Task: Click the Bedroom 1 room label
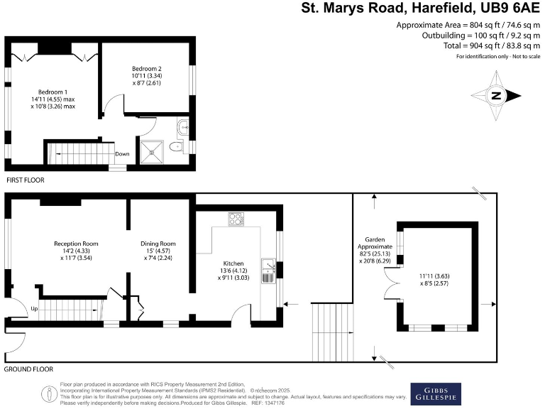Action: [53, 92]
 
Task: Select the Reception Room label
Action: [76, 244]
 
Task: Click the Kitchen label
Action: [233, 262]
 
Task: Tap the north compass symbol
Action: [497, 96]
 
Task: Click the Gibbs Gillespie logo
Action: [436, 394]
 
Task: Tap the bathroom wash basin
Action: [182, 129]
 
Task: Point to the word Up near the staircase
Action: [33, 309]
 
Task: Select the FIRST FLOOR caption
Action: [25, 180]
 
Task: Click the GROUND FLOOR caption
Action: [29, 369]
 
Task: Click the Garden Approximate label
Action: [374, 244]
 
